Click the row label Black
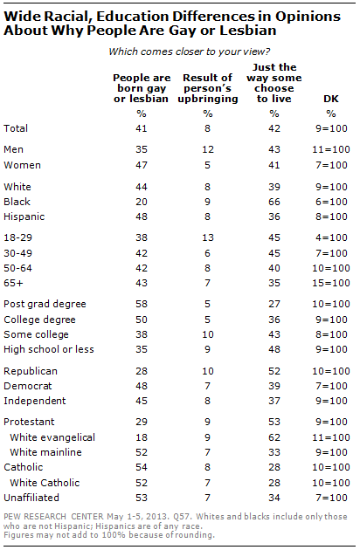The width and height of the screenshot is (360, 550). coord(17,202)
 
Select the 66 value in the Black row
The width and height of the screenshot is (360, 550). coord(274,202)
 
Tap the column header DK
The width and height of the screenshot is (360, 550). coord(331,99)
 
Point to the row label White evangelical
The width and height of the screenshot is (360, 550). coord(52,437)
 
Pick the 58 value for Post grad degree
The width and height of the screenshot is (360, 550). coord(142,304)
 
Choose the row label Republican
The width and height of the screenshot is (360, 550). coord(31,371)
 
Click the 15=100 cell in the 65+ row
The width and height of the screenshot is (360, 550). coord(331,283)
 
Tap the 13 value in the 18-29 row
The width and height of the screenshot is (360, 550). coord(208,237)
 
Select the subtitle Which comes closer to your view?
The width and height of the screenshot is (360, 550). coord(190,52)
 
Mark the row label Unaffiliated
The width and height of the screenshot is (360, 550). coord(31,498)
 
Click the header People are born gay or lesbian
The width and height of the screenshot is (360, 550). coord(142,88)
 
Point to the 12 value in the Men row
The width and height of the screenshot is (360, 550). coord(208,149)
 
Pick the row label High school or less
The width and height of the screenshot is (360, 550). coord(49,349)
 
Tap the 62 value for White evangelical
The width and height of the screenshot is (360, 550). coord(274,437)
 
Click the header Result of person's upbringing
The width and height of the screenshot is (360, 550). coord(208,88)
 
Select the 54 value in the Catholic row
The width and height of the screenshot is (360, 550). coord(142,467)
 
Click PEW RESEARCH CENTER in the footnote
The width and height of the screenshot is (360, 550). coord(53,517)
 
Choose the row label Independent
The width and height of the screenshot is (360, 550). coord(34,401)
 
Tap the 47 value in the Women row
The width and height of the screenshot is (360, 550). coord(142,165)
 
